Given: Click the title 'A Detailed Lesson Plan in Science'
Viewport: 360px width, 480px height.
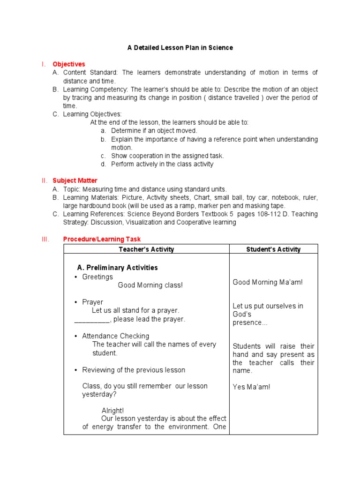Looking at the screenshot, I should pyautogui.click(x=180, y=48).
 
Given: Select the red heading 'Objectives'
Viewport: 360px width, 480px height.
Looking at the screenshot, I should pyautogui.click(x=69, y=64).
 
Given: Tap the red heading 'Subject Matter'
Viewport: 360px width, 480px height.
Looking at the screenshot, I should pyautogui.click(x=75, y=180).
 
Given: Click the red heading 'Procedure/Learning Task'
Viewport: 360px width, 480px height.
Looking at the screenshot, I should pyautogui.click(x=102, y=239).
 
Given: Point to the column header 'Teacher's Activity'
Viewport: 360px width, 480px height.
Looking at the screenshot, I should pyautogui.click(x=146, y=249).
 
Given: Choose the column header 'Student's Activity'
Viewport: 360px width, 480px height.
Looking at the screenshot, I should pyautogui.click(x=273, y=249).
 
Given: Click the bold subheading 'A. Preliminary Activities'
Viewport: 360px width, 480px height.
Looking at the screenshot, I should pyautogui.click(x=117, y=268).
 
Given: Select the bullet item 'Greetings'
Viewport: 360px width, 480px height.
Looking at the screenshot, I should pyautogui.click(x=97, y=277).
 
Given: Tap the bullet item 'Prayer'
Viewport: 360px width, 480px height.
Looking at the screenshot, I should pyautogui.click(x=92, y=302).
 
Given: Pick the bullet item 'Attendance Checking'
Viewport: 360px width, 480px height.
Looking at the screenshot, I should pyautogui.click(x=115, y=336).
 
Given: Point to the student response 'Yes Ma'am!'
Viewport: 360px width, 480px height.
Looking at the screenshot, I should pyautogui.click(x=251, y=387).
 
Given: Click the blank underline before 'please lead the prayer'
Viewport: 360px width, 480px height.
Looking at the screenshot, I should pyautogui.click(x=91, y=320).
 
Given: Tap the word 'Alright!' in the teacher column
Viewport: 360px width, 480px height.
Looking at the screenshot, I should pyautogui.click(x=112, y=411).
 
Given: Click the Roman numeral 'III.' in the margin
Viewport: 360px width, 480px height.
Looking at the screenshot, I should pyautogui.click(x=45, y=239).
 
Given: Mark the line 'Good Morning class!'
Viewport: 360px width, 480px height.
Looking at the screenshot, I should pyautogui.click(x=150, y=285).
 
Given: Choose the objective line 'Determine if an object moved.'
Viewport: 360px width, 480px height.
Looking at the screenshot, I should pyautogui.click(x=154, y=131).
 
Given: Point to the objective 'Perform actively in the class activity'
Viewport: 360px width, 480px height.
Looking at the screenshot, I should pyautogui.click(x=162, y=164).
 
